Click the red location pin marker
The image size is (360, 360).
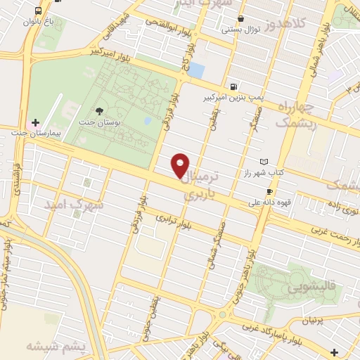pyautogui.click(x=181, y=165)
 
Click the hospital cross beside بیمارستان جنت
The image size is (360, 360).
pyautogui.click(x=35, y=122)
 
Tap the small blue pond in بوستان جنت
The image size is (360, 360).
pyautogui.click(x=147, y=121)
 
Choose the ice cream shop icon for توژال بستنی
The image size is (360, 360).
pyautogui.click(x=241, y=18)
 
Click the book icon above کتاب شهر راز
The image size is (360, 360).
pyautogui.click(x=264, y=162)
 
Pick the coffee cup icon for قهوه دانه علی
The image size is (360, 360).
pyautogui.click(x=269, y=191)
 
